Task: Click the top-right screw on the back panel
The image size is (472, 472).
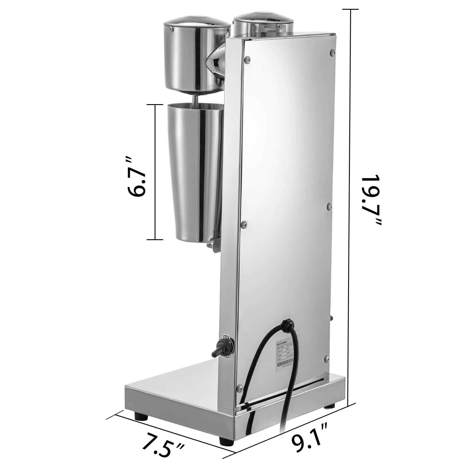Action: (333, 52)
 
